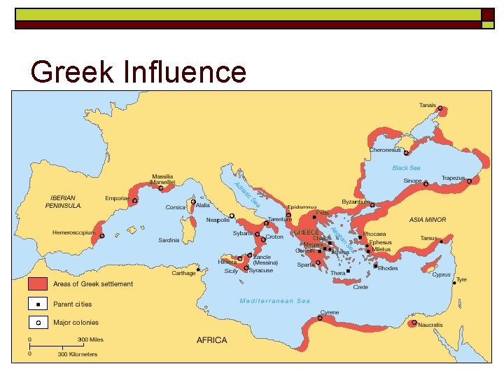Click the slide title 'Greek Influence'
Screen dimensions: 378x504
139,72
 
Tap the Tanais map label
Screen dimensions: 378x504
427,105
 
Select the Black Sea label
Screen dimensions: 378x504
406,168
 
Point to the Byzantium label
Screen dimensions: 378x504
355,202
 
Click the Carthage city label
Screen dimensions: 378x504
183,273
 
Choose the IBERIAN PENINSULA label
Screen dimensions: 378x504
66,202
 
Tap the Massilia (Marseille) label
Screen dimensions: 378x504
163,179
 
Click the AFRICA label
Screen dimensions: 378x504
211,340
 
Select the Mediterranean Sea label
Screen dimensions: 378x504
274,301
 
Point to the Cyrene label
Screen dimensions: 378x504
330,312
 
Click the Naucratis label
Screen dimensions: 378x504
430,325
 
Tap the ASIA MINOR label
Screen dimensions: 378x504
428,220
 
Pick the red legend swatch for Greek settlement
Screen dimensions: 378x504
38,283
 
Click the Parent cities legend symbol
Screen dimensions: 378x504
38,304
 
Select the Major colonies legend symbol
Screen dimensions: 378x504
38,323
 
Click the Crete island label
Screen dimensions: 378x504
360,287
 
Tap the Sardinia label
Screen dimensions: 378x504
169,240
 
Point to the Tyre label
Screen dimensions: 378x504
461,279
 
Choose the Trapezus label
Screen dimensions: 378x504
453,178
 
